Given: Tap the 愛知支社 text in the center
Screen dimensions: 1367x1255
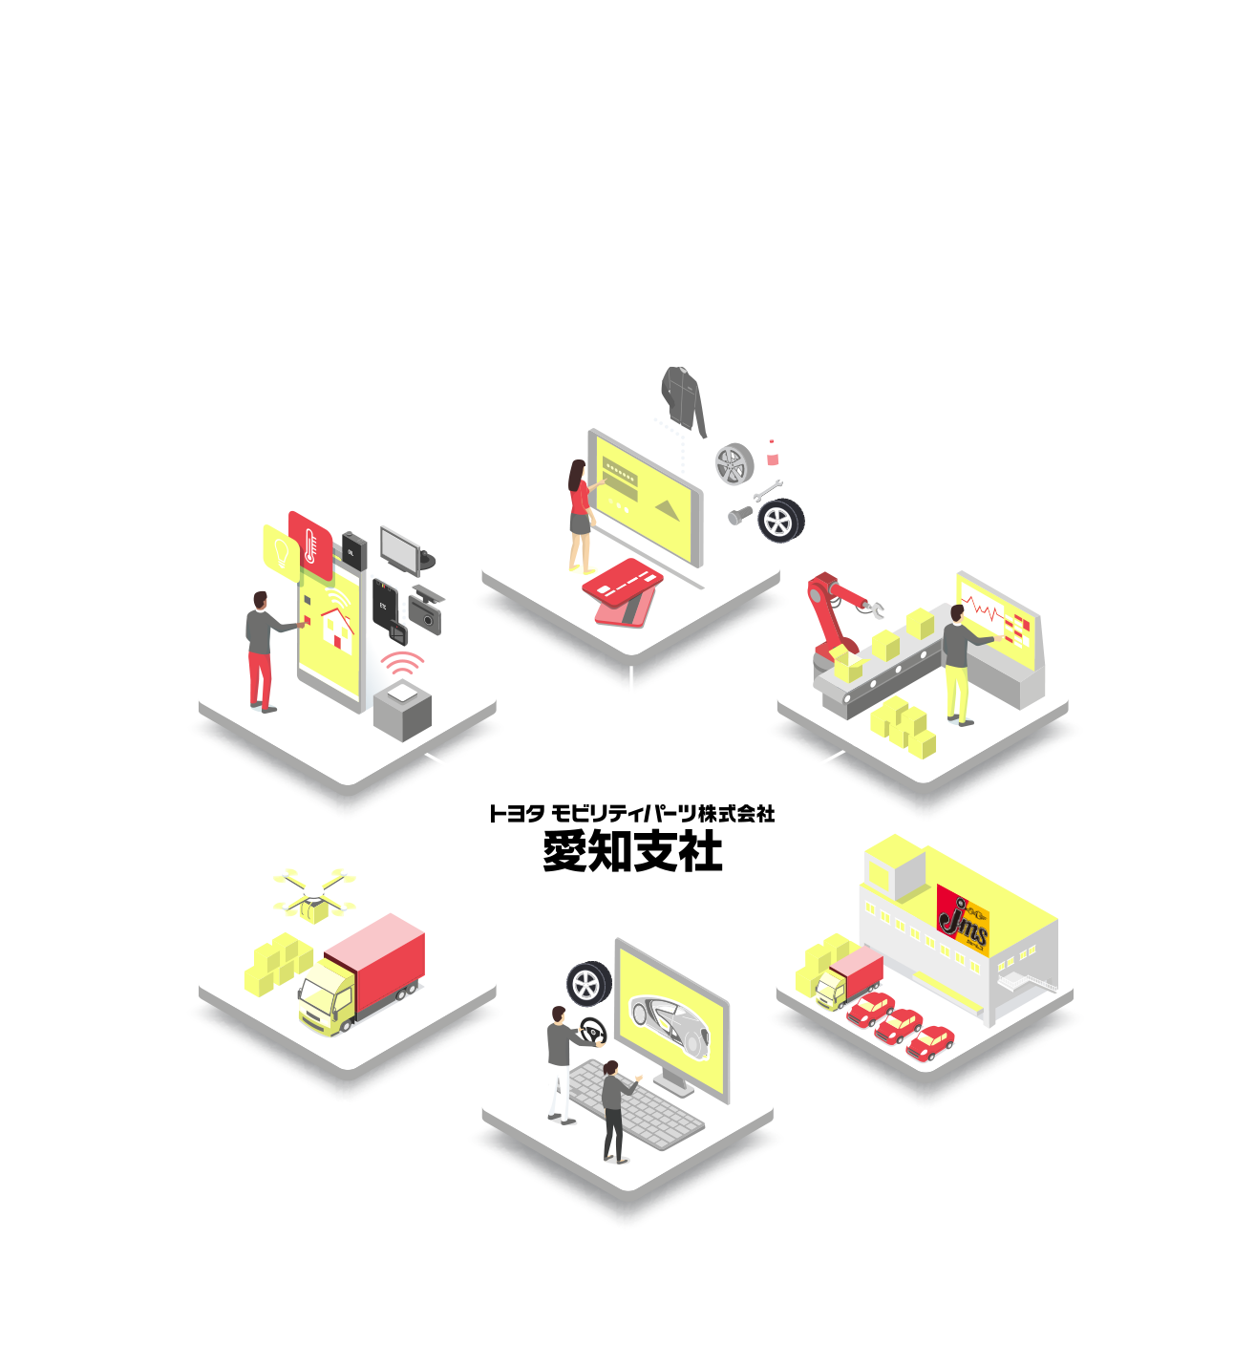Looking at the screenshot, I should tap(632, 851).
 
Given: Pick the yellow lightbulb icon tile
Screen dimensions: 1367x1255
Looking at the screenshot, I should tap(281, 550).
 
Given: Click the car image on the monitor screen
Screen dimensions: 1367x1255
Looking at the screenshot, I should tap(669, 1021).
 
